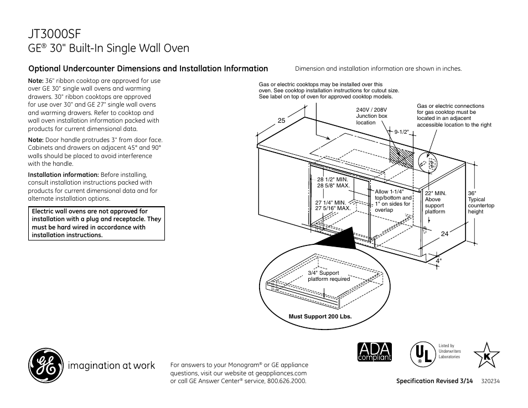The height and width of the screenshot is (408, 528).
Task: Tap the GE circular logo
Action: (x=45, y=367)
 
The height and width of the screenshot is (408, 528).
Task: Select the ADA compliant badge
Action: (x=375, y=352)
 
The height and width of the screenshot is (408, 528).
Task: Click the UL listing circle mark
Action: (x=422, y=352)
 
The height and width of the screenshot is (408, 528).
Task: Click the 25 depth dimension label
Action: (x=281, y=121)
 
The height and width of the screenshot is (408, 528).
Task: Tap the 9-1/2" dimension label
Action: (x=401, y=132)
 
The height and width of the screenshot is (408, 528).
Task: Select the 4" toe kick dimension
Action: (x=438, y=260)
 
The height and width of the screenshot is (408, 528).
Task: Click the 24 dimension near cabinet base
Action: (x=444, y=233)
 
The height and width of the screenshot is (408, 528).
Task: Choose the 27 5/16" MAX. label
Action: (x=333, y=208)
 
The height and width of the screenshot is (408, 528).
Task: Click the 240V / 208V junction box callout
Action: (x=371, y=116)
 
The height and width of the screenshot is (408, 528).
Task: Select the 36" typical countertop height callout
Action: (x=480, y=202)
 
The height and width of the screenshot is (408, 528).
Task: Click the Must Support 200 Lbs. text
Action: (x=320, y=317)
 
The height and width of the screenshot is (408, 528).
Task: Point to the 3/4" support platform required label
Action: (x=329, y=276)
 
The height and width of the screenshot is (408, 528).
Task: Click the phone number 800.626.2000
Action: (x=286, y=381)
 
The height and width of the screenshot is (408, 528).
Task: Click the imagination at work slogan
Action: (x=111, y=366)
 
